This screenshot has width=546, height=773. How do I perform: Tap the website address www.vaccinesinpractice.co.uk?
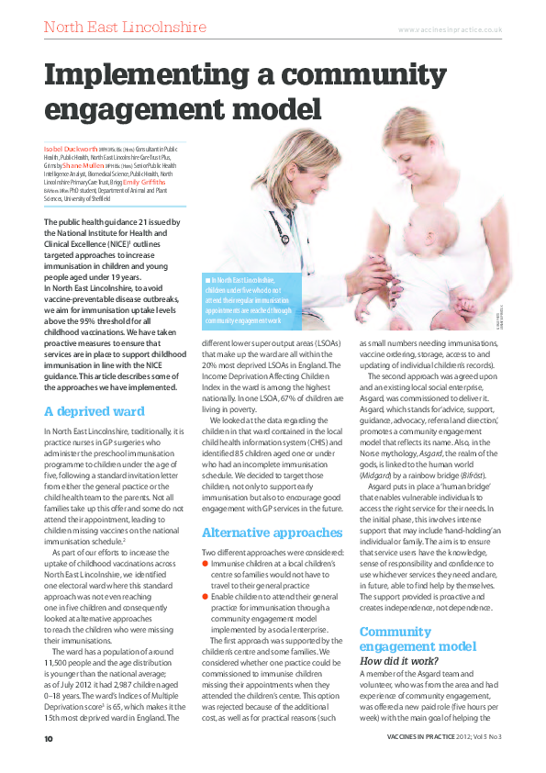coord(450,29)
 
